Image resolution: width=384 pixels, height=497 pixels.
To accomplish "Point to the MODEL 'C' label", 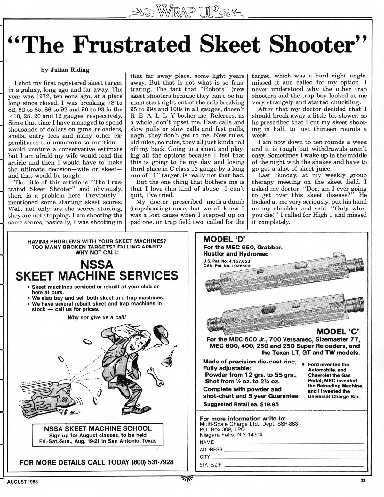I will click(338, 331).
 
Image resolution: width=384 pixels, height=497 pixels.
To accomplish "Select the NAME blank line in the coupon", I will click(288, 442).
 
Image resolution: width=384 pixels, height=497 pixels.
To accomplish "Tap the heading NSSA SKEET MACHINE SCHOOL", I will click(98, 428).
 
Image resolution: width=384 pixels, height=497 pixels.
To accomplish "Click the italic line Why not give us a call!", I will click(97, 317).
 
